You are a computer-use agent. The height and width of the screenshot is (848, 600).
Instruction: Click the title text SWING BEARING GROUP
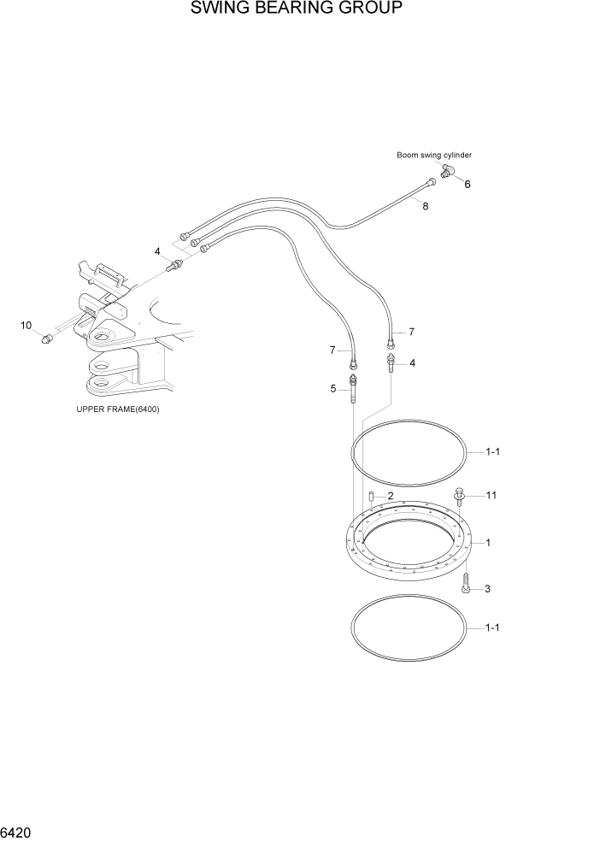pyautogui.click(x=297, y=11)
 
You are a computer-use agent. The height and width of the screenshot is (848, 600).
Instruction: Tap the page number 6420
pyautogui.click(x=17, y=832)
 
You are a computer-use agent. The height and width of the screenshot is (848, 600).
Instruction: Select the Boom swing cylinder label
pyautogui.click(x=433, y=155)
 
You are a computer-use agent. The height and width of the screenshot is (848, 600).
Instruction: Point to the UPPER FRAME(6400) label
pyautogui.click(x=118, y=409)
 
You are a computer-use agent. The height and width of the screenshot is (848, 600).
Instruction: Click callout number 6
pyautogui.click(x=468, y=184)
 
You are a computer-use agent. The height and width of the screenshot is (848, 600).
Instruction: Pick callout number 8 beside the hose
pyautogui.click(x=426, y=206)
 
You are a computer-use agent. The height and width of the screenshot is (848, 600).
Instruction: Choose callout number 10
pyautogui.click(x=26, y=325)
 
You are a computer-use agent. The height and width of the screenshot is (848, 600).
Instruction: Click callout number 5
pyautogui.click(x=333, y=389)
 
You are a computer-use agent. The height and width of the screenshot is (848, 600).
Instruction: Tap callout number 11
pyautogui.click(x=491, y=495)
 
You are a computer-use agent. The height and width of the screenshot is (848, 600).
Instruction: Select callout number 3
pyautogui.click(x=487, y=589)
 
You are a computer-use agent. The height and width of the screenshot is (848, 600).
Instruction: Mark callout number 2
pyautogui.click(x=390, y=496)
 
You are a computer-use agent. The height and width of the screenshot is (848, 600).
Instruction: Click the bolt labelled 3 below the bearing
pyautogui.click(x=465, y=585)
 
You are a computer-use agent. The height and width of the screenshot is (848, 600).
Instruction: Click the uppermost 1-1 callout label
pyautogui.click(x=492, y=453)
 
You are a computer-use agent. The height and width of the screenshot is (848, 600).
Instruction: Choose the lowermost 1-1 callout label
pyautogui.click(x=492, y=628)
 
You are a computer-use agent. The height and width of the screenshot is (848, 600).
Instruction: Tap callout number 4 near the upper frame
pyautogui.click(x=157, y=251)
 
